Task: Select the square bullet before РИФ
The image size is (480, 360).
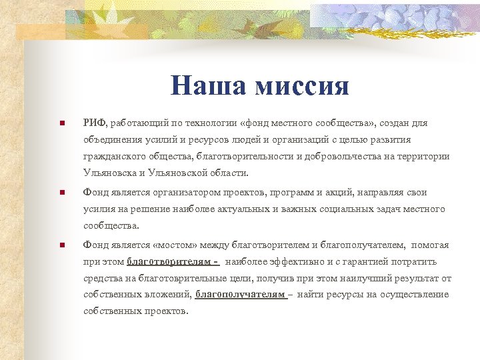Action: (61, 123)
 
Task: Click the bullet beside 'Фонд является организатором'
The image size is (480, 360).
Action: (61, 193)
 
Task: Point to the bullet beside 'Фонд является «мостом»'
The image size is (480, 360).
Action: (61, 245)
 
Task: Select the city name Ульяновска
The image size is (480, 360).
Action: (111, 173)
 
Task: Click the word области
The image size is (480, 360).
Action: (228, 173)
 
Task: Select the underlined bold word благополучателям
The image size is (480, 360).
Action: (240, 295)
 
